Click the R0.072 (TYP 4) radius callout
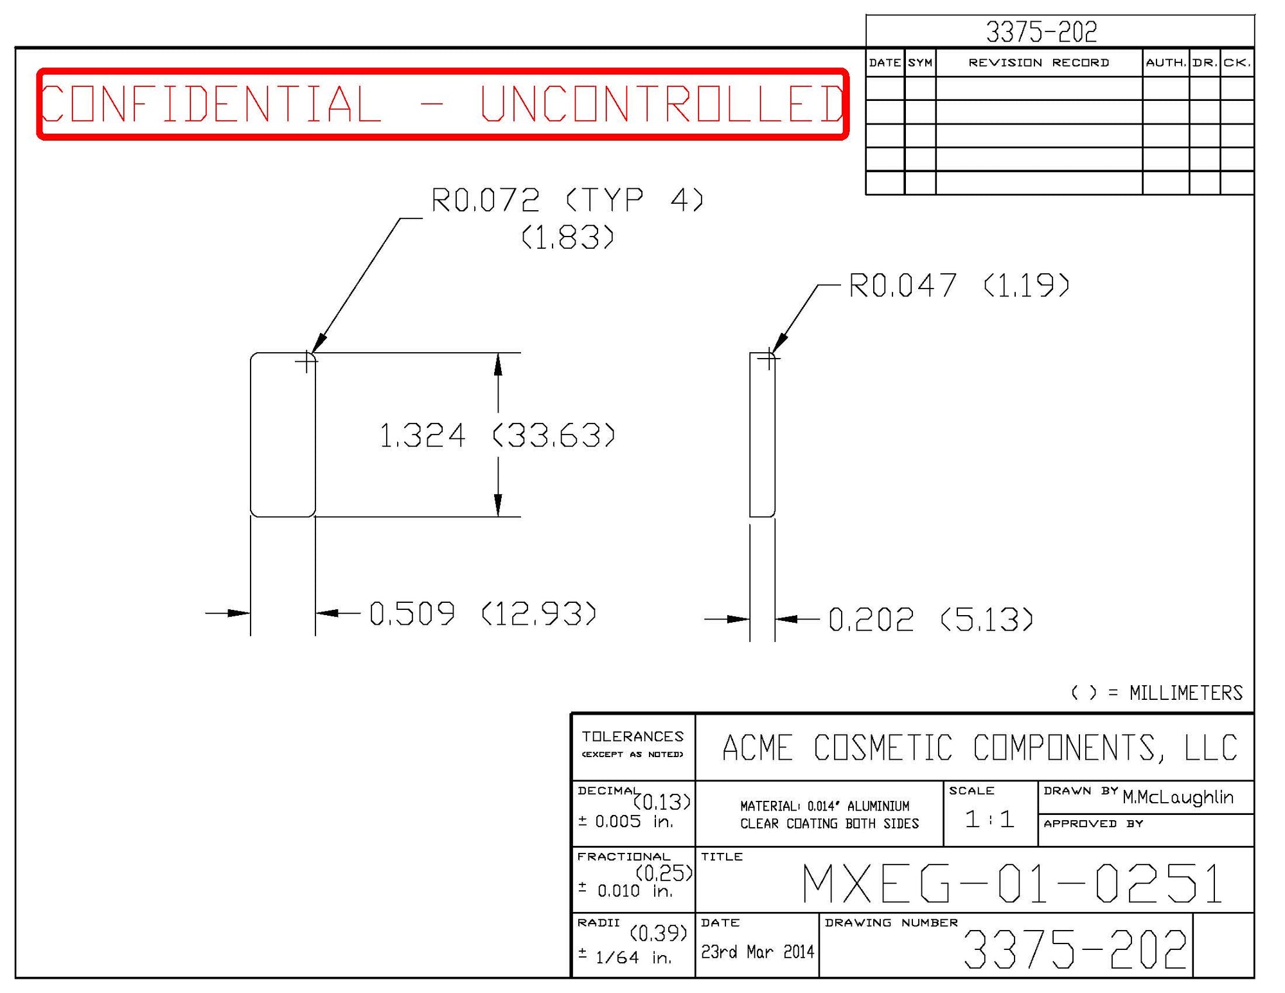coord(567,200)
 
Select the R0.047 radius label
coord(903,285)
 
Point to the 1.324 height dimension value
coord(422,436)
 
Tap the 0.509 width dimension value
coord(412,613)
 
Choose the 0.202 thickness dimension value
coord(871,620)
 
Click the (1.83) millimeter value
coord(567,237)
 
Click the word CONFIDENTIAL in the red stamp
coord(211,104)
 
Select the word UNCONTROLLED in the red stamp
coord(662,104)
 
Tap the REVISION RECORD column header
coord(1038,63)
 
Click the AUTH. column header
coord(1165,63)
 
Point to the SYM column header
coord(920,63)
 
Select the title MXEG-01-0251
coord(1013,884)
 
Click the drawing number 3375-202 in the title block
coord(1074,949)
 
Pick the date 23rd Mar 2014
coord(757,952)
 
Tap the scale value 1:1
coord(989,819)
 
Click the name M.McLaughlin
coord(1178,798)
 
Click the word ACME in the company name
coord(757,748)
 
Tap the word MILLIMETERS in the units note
coord(1185,693)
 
